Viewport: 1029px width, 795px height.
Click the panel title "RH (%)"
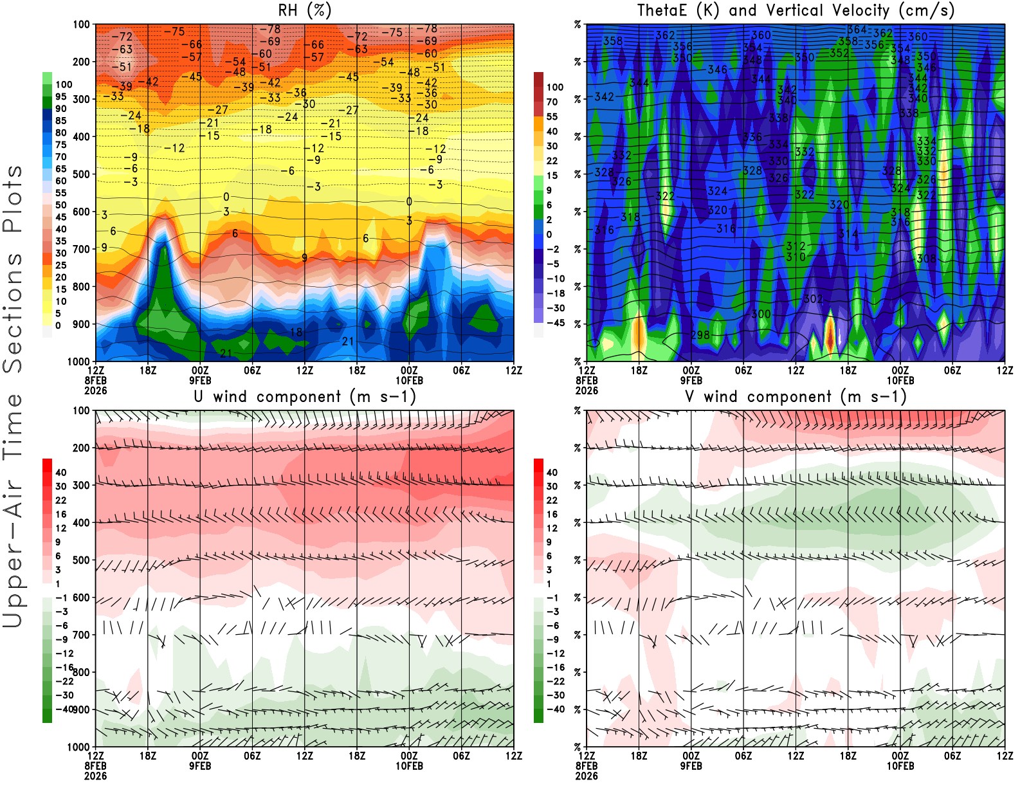pyautogui.click(x=304, y=11)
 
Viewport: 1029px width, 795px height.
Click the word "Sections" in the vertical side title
pyautogui.click(x=13, y=313)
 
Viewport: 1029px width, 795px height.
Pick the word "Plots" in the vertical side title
pyautogui.click(x=13, y=199)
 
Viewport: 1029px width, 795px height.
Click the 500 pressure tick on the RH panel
pyautogui.click(x=81, y=174)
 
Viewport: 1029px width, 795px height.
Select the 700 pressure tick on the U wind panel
pyautogui.click(x=81, y=635)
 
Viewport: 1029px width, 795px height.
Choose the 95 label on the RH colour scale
pyautogui.click(x=60, y=96)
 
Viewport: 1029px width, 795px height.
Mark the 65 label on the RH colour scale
pyautogui.click(x=60, y=169)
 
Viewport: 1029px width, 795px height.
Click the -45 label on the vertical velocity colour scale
pyautogui.click(x=556, y=323)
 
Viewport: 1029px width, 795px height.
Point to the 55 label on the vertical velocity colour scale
pyautogui.click(x=552, y=116)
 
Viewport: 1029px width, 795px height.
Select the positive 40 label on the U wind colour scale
pyautogui.click(x=60, y=472)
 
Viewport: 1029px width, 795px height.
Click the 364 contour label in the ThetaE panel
pyautogui.click(x=857, y=30)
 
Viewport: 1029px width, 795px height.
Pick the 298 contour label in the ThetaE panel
pyautogui.click(x=700, y=335)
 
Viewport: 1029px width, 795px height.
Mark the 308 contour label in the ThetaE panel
pyautogui.click(x=926, y=259)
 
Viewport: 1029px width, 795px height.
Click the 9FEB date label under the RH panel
pyautogui.click(x=200, y=380)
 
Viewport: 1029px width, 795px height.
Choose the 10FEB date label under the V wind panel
pyautogui.click(x=900, y=766)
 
